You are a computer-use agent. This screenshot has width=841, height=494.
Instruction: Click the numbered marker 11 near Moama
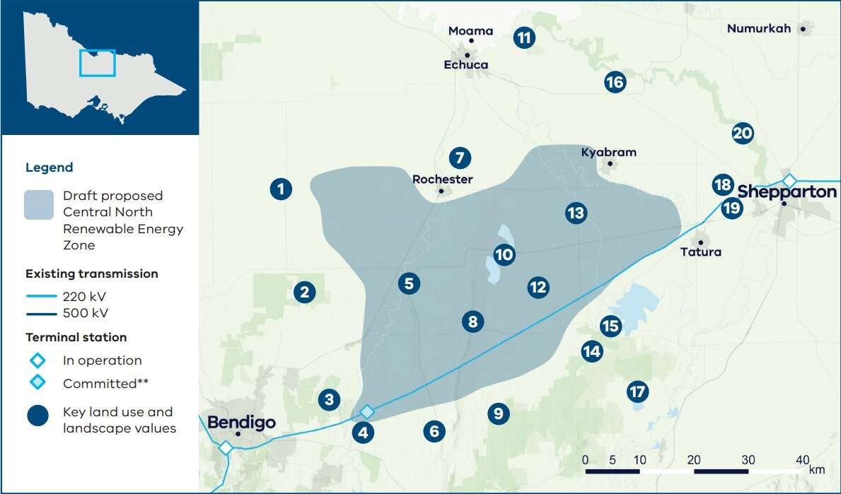coord(523,37)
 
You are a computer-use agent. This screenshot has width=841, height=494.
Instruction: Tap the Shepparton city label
coord(787,192)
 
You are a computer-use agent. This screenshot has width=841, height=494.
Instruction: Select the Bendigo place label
coord(241,423)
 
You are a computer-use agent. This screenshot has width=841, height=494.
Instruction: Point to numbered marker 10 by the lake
coord(504,254)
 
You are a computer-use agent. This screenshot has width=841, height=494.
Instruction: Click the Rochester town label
coord(442,180)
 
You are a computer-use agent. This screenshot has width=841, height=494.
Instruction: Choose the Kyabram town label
coord(608,152)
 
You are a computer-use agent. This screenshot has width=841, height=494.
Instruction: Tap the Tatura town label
coord(700,252)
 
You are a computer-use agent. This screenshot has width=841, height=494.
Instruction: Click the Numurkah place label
coord(758,29)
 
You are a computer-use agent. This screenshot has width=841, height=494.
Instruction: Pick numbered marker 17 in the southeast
coord(637,391)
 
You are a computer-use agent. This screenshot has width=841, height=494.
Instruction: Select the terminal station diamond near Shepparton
coord(789,180)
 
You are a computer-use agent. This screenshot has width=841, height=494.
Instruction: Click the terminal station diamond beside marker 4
coord(366,411)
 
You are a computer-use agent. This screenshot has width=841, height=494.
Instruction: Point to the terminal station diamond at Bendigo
coord(226,447)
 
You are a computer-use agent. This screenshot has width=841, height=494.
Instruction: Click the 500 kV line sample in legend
coord(40,313)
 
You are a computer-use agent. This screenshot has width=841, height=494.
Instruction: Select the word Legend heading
coord(49,167)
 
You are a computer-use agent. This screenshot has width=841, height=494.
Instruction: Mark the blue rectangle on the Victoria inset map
coord(97,63)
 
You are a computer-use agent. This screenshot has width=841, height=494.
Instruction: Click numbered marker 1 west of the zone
coord(281,189)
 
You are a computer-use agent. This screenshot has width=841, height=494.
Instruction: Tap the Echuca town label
coord(465,65)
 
